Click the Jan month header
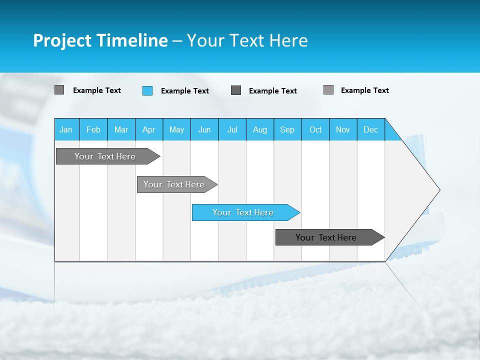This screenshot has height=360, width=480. point(66,129)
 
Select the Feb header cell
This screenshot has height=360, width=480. point(93,129)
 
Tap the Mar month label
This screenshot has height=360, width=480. point(121,129)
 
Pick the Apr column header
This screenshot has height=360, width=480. point(149,129)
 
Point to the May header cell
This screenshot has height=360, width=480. point(176,129)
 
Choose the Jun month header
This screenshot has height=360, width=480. point(204,129)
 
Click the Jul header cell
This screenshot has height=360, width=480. point(232,129)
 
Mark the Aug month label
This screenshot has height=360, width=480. point(260,129)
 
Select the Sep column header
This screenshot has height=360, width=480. point(287,129)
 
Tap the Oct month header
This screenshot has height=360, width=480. point(315,129)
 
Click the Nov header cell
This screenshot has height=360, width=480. point(343,129)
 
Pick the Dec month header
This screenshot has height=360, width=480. point(371,129)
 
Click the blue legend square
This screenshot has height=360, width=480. point(147,90)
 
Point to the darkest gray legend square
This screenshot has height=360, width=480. point(236,90)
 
